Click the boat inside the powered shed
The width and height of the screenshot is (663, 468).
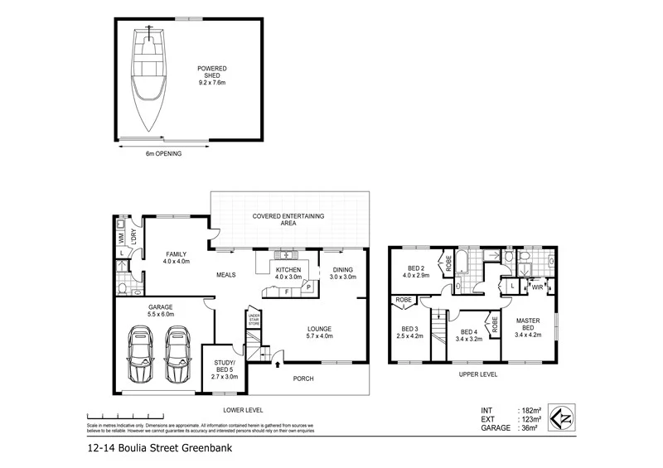coord(149,79)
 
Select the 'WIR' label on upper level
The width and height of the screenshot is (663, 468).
coord(538,287)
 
